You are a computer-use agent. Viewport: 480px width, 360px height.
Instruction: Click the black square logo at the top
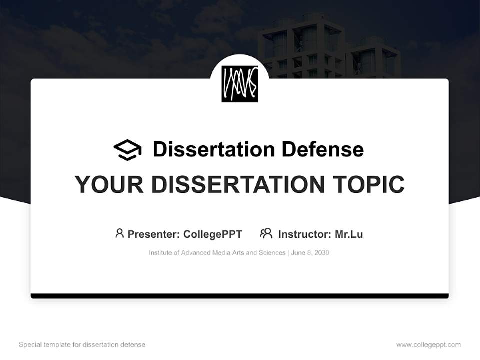tap(239, 84)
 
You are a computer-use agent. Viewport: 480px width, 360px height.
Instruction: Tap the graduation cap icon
tap(127, 150)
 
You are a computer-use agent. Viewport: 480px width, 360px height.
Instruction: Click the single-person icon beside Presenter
tap(119, 233)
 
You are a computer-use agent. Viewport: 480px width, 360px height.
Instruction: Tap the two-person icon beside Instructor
tap(266, 233)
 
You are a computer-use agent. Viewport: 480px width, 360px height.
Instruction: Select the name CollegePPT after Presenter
tap(212, 234)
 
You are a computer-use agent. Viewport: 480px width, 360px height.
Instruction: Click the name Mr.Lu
tap(349, 234)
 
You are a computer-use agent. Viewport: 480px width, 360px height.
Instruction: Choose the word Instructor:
tap(305, 234)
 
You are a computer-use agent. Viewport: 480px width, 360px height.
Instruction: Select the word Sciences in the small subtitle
tap(271, 253)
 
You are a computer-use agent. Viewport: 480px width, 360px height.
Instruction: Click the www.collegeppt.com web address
tap(428, 345)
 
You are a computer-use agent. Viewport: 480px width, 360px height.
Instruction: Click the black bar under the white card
tap(240, 296)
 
